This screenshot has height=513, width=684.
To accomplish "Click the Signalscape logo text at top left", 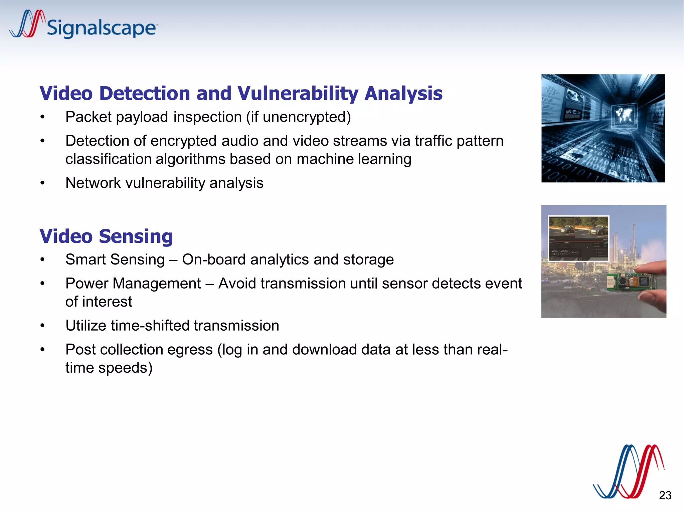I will [101, 28].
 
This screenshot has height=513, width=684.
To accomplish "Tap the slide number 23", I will [665, 495].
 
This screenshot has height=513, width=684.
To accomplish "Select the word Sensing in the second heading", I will [136, 236].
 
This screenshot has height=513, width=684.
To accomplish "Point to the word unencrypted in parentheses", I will [304, 117].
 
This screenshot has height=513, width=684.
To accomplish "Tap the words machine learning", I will [354, 159].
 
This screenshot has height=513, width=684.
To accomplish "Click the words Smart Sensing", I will [115, 260].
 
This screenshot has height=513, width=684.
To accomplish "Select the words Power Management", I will [133, 284].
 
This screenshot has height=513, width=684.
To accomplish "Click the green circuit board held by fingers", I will [628, 282].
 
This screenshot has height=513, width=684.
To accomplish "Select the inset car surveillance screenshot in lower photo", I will [578, 238].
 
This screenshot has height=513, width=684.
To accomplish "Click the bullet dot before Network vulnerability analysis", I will [42, 183].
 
